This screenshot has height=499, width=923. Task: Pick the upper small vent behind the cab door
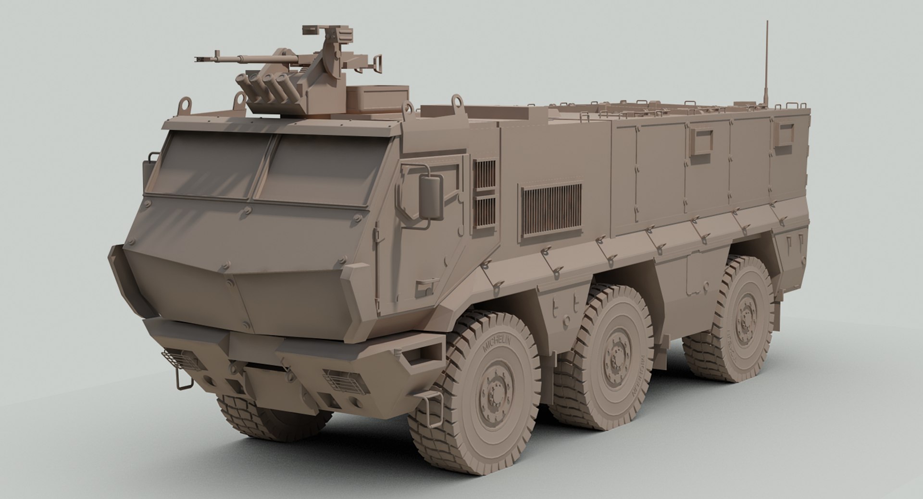click(x=484, y=175)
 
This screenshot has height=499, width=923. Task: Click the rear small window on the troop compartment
click(x=783, y=135)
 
